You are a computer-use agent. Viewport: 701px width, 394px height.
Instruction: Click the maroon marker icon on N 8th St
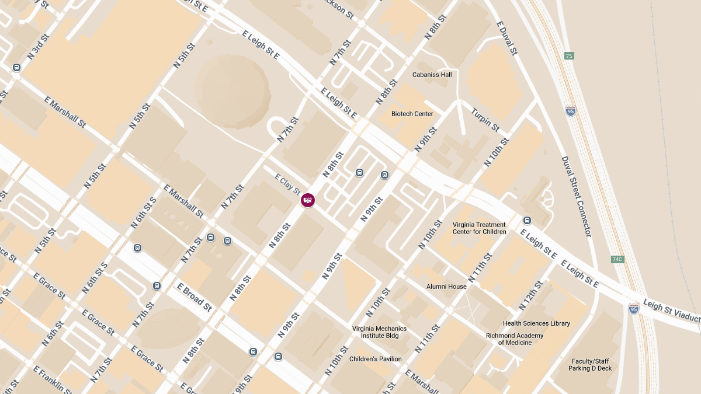pyautogui.click(x=308, y=200)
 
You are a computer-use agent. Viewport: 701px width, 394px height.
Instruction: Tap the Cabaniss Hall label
pyautogui.click(x=432, y=75)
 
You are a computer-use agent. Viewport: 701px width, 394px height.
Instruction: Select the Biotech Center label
pyautogui.click(x=412, y=114)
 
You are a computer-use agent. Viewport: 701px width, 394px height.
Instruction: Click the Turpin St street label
pyautogui.click(x=485, y=120)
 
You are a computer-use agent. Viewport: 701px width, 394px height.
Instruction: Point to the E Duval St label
pyautogui.click(x=506, y=39)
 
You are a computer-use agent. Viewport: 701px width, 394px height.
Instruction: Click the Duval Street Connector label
pyautogui.click(x=577, y=196)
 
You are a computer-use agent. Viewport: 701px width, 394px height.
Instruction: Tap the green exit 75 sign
pyautogui.click(x=569, y=56)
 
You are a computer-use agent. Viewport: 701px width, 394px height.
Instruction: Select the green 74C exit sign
pyautogui.click(x=617, y=259)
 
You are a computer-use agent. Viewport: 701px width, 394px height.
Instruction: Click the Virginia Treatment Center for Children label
pyautogui.click(x=479, y=228)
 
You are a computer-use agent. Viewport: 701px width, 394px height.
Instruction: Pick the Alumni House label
pyautogui.click(x=446, y=287)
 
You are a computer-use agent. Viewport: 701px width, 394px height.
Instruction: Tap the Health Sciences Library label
pyautogui.click(x=536, y=323)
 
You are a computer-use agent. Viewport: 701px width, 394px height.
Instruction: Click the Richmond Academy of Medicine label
pyautogui.click(x=515, y=339)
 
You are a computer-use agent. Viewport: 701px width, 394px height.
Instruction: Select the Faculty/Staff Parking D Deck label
pyautogui.click(x=590, y=364)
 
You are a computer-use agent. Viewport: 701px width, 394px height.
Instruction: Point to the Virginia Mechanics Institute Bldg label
pyautogui.click(x=379, y=332)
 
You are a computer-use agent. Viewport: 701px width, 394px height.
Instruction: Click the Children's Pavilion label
pyautogui.click(x=375, y=359)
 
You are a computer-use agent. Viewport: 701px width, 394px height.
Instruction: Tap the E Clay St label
pyautogui.click(x=287, y=183)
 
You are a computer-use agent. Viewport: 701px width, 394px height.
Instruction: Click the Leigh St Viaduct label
pyautogui.click(x=671, y=311)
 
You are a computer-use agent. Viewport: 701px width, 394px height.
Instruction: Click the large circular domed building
pyautogui.click(x=232, y=90)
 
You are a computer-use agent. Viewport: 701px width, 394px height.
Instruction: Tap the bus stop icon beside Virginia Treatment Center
pyautogui.click(x=527, y=221)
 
